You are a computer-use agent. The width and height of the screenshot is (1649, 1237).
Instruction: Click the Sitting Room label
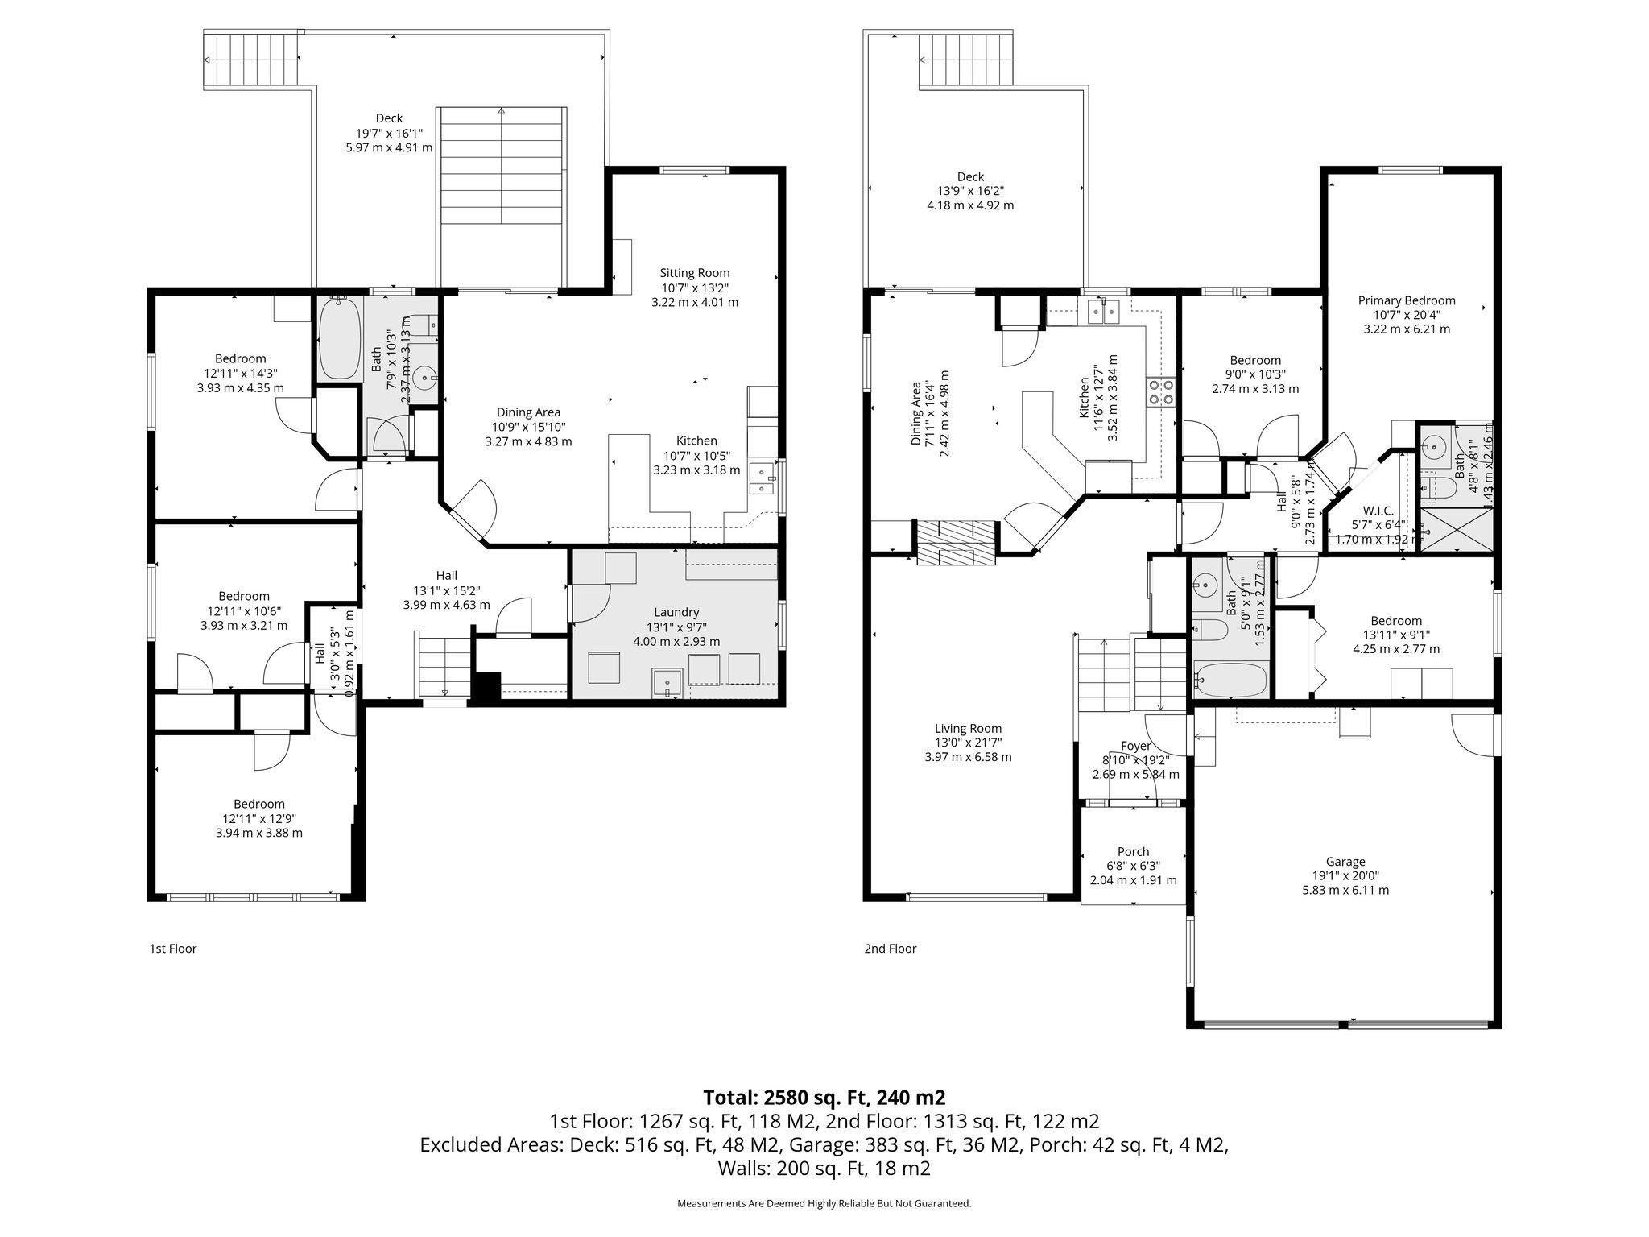[x=694, y=273]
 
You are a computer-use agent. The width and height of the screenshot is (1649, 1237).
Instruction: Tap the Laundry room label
[x=676, y=612]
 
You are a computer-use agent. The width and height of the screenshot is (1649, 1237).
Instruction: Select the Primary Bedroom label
[x=1406, y=300]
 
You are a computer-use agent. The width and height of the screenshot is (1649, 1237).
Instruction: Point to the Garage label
[x=1345, y=861]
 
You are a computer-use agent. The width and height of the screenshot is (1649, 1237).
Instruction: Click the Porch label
[x=1133, y=851]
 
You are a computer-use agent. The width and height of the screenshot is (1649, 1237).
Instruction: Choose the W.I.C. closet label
[x=1378, y=511]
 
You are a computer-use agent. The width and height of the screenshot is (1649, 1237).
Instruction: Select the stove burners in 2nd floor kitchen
[x=1160, y=392]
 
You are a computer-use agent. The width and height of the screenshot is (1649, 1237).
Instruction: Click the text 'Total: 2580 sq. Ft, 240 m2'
[x=824, y=1097]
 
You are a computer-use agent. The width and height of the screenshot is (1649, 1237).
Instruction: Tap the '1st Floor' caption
[x=172, y=949]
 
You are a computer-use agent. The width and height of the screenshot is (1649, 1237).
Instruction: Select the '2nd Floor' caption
[x=890, y=949]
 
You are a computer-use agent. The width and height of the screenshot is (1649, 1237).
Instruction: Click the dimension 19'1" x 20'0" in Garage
[x=1345, y=875]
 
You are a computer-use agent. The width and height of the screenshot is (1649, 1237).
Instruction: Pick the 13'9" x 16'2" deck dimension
[x=970, y=191]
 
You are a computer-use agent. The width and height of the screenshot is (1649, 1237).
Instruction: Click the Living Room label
[x=968, y=728]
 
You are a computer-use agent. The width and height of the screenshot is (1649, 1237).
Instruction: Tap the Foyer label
[x=1135, y=746]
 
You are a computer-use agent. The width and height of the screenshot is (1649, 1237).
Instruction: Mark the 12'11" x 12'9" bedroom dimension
[x=259, y=818]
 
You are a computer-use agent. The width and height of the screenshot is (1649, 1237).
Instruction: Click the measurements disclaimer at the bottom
[x=824, y=1203]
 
